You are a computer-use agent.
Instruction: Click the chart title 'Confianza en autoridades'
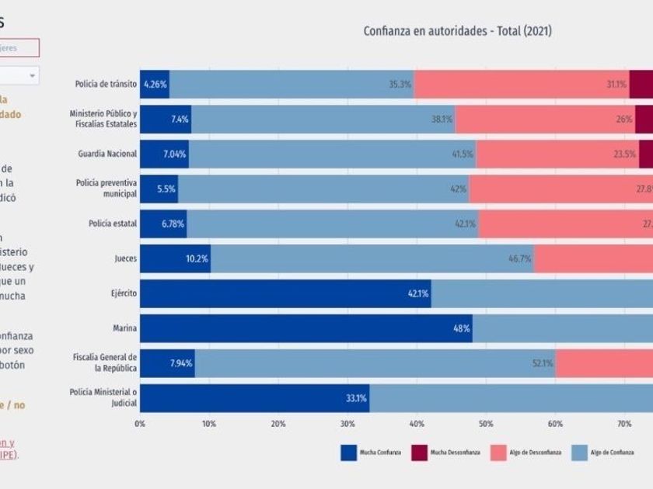tap(457, 31)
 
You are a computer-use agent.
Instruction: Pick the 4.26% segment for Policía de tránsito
tap(155, 84)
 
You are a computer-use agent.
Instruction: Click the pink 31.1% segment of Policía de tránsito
tap(522, 84)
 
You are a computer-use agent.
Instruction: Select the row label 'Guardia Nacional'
tap(107, 154)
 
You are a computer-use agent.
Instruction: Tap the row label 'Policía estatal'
tap(113, 224)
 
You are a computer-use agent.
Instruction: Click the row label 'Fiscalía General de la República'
tap(105, 362)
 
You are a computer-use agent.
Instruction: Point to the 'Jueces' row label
tap(125, 258)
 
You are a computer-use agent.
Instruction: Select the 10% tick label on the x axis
tap(209, 424)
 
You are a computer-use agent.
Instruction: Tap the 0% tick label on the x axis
tap(140, 424)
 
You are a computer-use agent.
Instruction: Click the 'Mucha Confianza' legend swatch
tap(349, 453)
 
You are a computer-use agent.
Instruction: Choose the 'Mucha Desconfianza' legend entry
tap(446, 453)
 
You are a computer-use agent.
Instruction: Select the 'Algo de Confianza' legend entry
tap(603, 453)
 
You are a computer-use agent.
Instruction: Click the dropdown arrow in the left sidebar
tap(33, 75)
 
